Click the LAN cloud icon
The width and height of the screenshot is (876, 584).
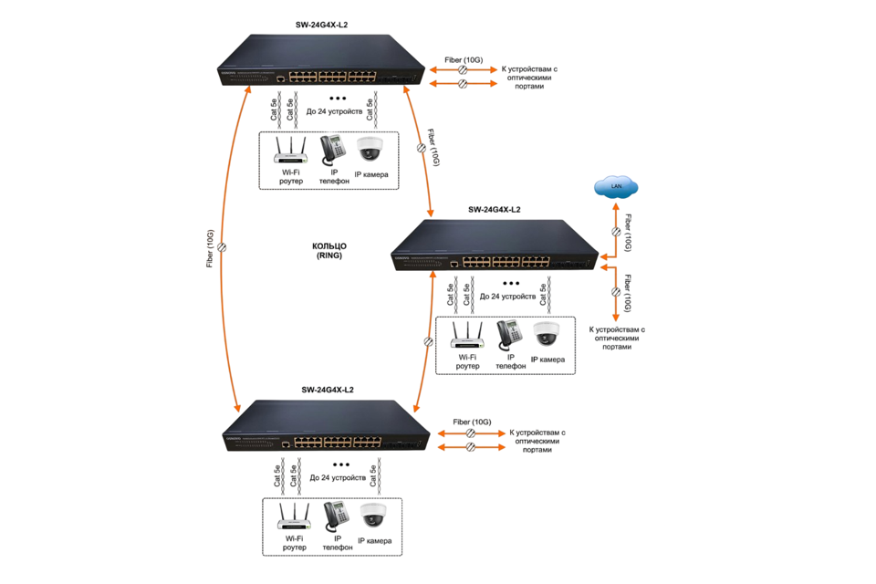pos(617,188)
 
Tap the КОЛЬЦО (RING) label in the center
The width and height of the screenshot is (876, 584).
pos(329,252)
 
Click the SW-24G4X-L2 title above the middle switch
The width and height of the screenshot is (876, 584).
pos(495,210)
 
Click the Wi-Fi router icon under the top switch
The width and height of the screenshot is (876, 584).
pos(291,150)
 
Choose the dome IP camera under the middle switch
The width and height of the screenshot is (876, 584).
pos(546,334)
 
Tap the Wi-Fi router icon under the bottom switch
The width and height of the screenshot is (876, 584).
pos(295,516)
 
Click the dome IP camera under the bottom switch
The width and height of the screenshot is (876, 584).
pos(373,516)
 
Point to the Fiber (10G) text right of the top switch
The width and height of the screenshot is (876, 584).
pos(464,59)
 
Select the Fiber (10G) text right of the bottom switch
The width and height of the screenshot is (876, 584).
pos(473,422)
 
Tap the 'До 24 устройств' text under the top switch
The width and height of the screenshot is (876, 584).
pos(334,111)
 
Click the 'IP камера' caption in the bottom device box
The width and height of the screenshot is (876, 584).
pos(374,541)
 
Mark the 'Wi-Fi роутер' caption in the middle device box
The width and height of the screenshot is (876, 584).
pos(467,362)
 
